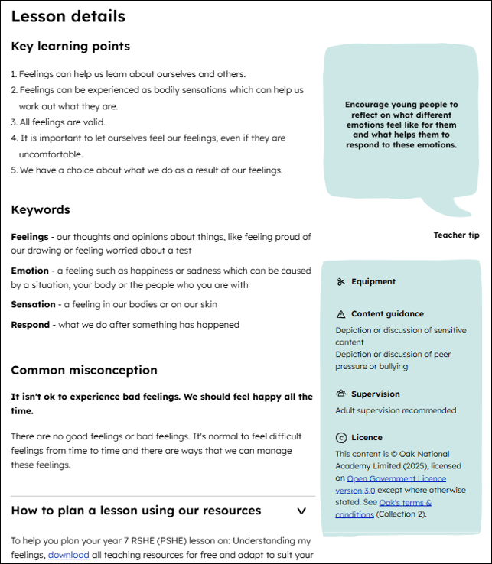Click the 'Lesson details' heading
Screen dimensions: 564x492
point(68,16)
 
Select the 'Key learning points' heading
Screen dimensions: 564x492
point(70,47)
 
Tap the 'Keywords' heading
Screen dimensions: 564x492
point(41,209)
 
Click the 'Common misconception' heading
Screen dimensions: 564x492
point(84,370)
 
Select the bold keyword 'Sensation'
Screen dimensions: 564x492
point(33,304)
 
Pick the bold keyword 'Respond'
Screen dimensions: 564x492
point(31,324)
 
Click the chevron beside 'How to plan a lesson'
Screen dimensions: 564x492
point(301,511)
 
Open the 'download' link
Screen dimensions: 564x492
point(69,555)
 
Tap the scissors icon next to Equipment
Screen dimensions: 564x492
point(341,282)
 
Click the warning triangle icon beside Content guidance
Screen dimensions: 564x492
point(341,314)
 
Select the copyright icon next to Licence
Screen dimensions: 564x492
point(341,438)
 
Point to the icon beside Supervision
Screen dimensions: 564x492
point(341,394)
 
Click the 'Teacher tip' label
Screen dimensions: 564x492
point(456,235)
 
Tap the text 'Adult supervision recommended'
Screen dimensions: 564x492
point(396,410)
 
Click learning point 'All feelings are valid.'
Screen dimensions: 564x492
point(62,122)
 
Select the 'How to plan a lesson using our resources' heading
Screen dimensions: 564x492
point(136,511)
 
